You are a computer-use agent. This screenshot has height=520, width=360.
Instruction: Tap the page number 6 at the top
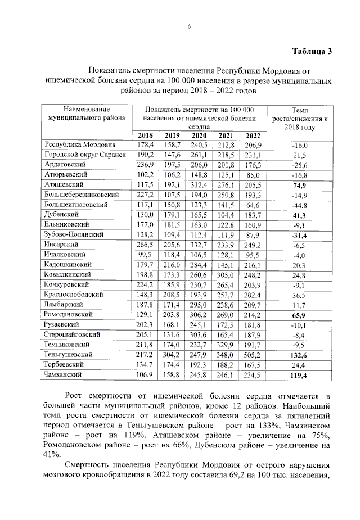click(189, 26)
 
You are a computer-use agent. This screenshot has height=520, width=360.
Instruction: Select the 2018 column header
click(145, 135)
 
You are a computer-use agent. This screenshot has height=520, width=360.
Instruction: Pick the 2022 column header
click(253, 135)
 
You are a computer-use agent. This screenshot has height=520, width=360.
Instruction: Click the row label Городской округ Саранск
click(85, 155)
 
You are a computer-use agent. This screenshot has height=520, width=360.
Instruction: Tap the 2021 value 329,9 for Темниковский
click(226, 344)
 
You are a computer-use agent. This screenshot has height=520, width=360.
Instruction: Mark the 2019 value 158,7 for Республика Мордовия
click(172, 145)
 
